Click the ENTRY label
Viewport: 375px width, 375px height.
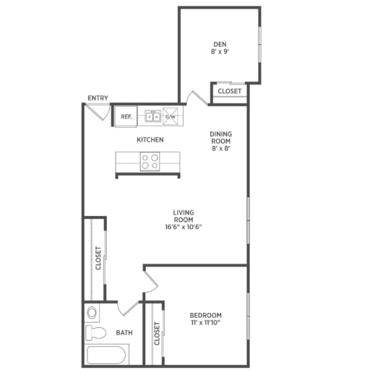click(98, 98)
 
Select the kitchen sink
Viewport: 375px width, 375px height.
click(153, 117)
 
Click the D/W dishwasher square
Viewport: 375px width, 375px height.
click(171, 117)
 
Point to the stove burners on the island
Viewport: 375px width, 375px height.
click(150, 161)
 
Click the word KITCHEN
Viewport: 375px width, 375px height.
click(150, 139)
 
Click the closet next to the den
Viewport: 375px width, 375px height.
click(229, 91)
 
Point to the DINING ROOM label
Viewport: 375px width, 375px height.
click(221, 138)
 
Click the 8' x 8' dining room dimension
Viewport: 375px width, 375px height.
click(221, 149)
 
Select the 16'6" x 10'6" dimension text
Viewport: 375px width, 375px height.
click(184, 227)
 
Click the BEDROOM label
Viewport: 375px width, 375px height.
click(206, 314)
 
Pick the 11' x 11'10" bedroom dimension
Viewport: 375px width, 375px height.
click(206, 323)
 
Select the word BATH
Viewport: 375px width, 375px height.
click(124, 333)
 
